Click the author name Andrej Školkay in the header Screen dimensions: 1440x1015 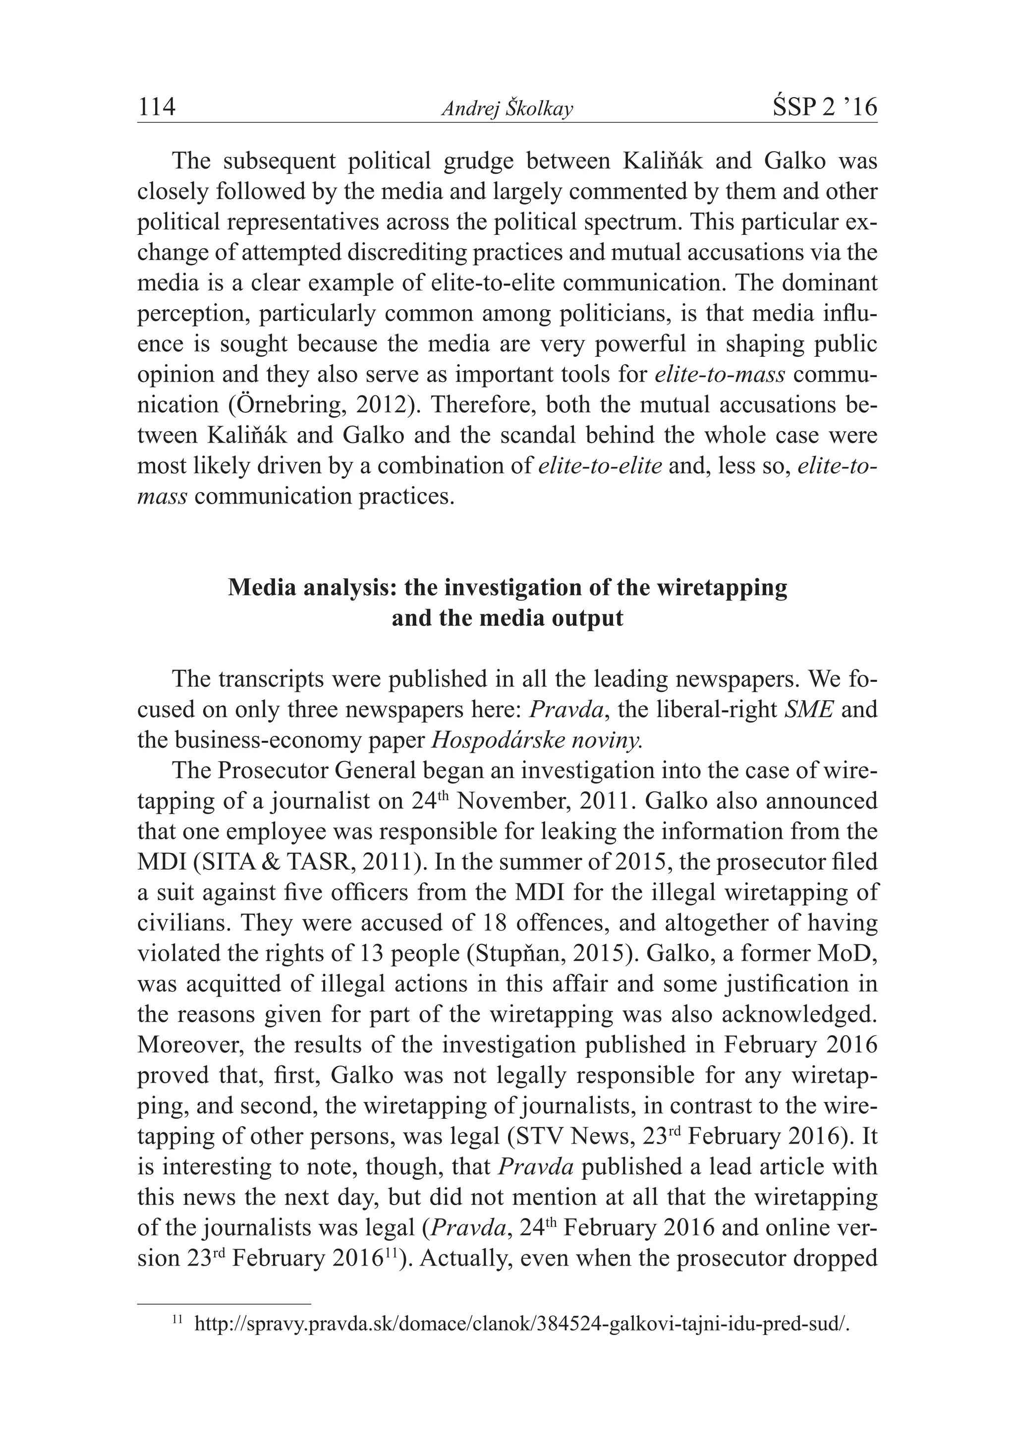[507, 109]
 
